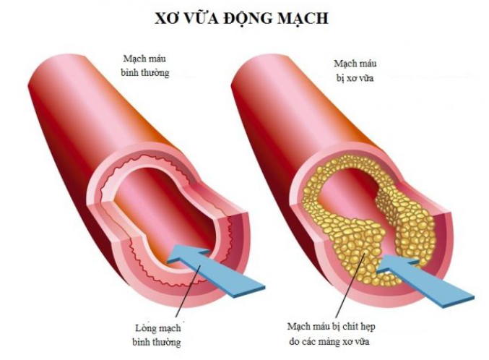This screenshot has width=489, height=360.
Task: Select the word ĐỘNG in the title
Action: pos(254,17)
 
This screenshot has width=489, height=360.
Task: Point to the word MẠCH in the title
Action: pos(307,17)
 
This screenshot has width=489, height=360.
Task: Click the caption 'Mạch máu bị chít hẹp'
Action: pos(339,323)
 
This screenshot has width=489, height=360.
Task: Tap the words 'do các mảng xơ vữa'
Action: pos(339,339)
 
